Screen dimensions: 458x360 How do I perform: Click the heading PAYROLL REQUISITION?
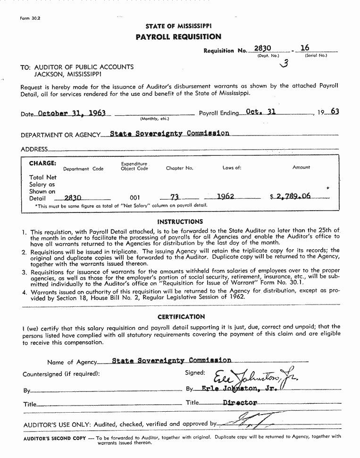(x=178, y=37)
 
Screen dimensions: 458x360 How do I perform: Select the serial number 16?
(x=305, y=48)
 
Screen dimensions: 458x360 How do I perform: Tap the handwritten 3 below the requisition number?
(x=284, y=64)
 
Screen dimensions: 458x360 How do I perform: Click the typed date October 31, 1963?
(x=71, y=113)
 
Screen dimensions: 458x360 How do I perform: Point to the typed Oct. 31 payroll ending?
(x=260, y=112)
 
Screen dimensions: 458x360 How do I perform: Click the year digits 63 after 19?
(x=335, y=112)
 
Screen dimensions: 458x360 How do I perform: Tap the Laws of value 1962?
(x=226, y=196)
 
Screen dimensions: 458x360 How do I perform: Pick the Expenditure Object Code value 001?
(x=134, y=198)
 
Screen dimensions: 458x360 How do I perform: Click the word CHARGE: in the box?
(x=42, y=163)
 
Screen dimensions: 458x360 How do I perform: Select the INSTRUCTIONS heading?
(x=180, y=221)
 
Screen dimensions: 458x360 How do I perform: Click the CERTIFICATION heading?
(x=181, y=317)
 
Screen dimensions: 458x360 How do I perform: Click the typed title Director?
(x=240, y=403)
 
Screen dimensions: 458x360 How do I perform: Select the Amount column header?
(x=301, y=167)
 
